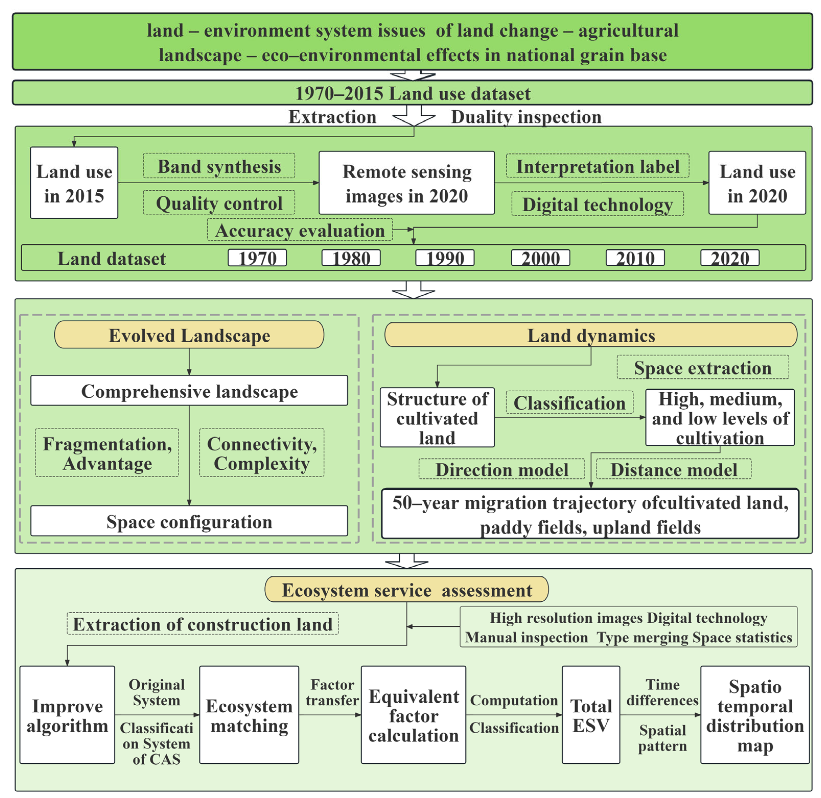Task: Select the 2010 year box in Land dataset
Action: tap(635, 258)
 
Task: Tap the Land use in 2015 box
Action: tap(74, 183)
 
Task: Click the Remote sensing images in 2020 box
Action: tap(406, 183)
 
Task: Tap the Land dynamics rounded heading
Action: tap(591, 335)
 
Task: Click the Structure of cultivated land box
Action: tap(437, 418)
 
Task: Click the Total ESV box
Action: tap(591, 715)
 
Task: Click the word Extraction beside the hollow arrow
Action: tap(332, 117)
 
